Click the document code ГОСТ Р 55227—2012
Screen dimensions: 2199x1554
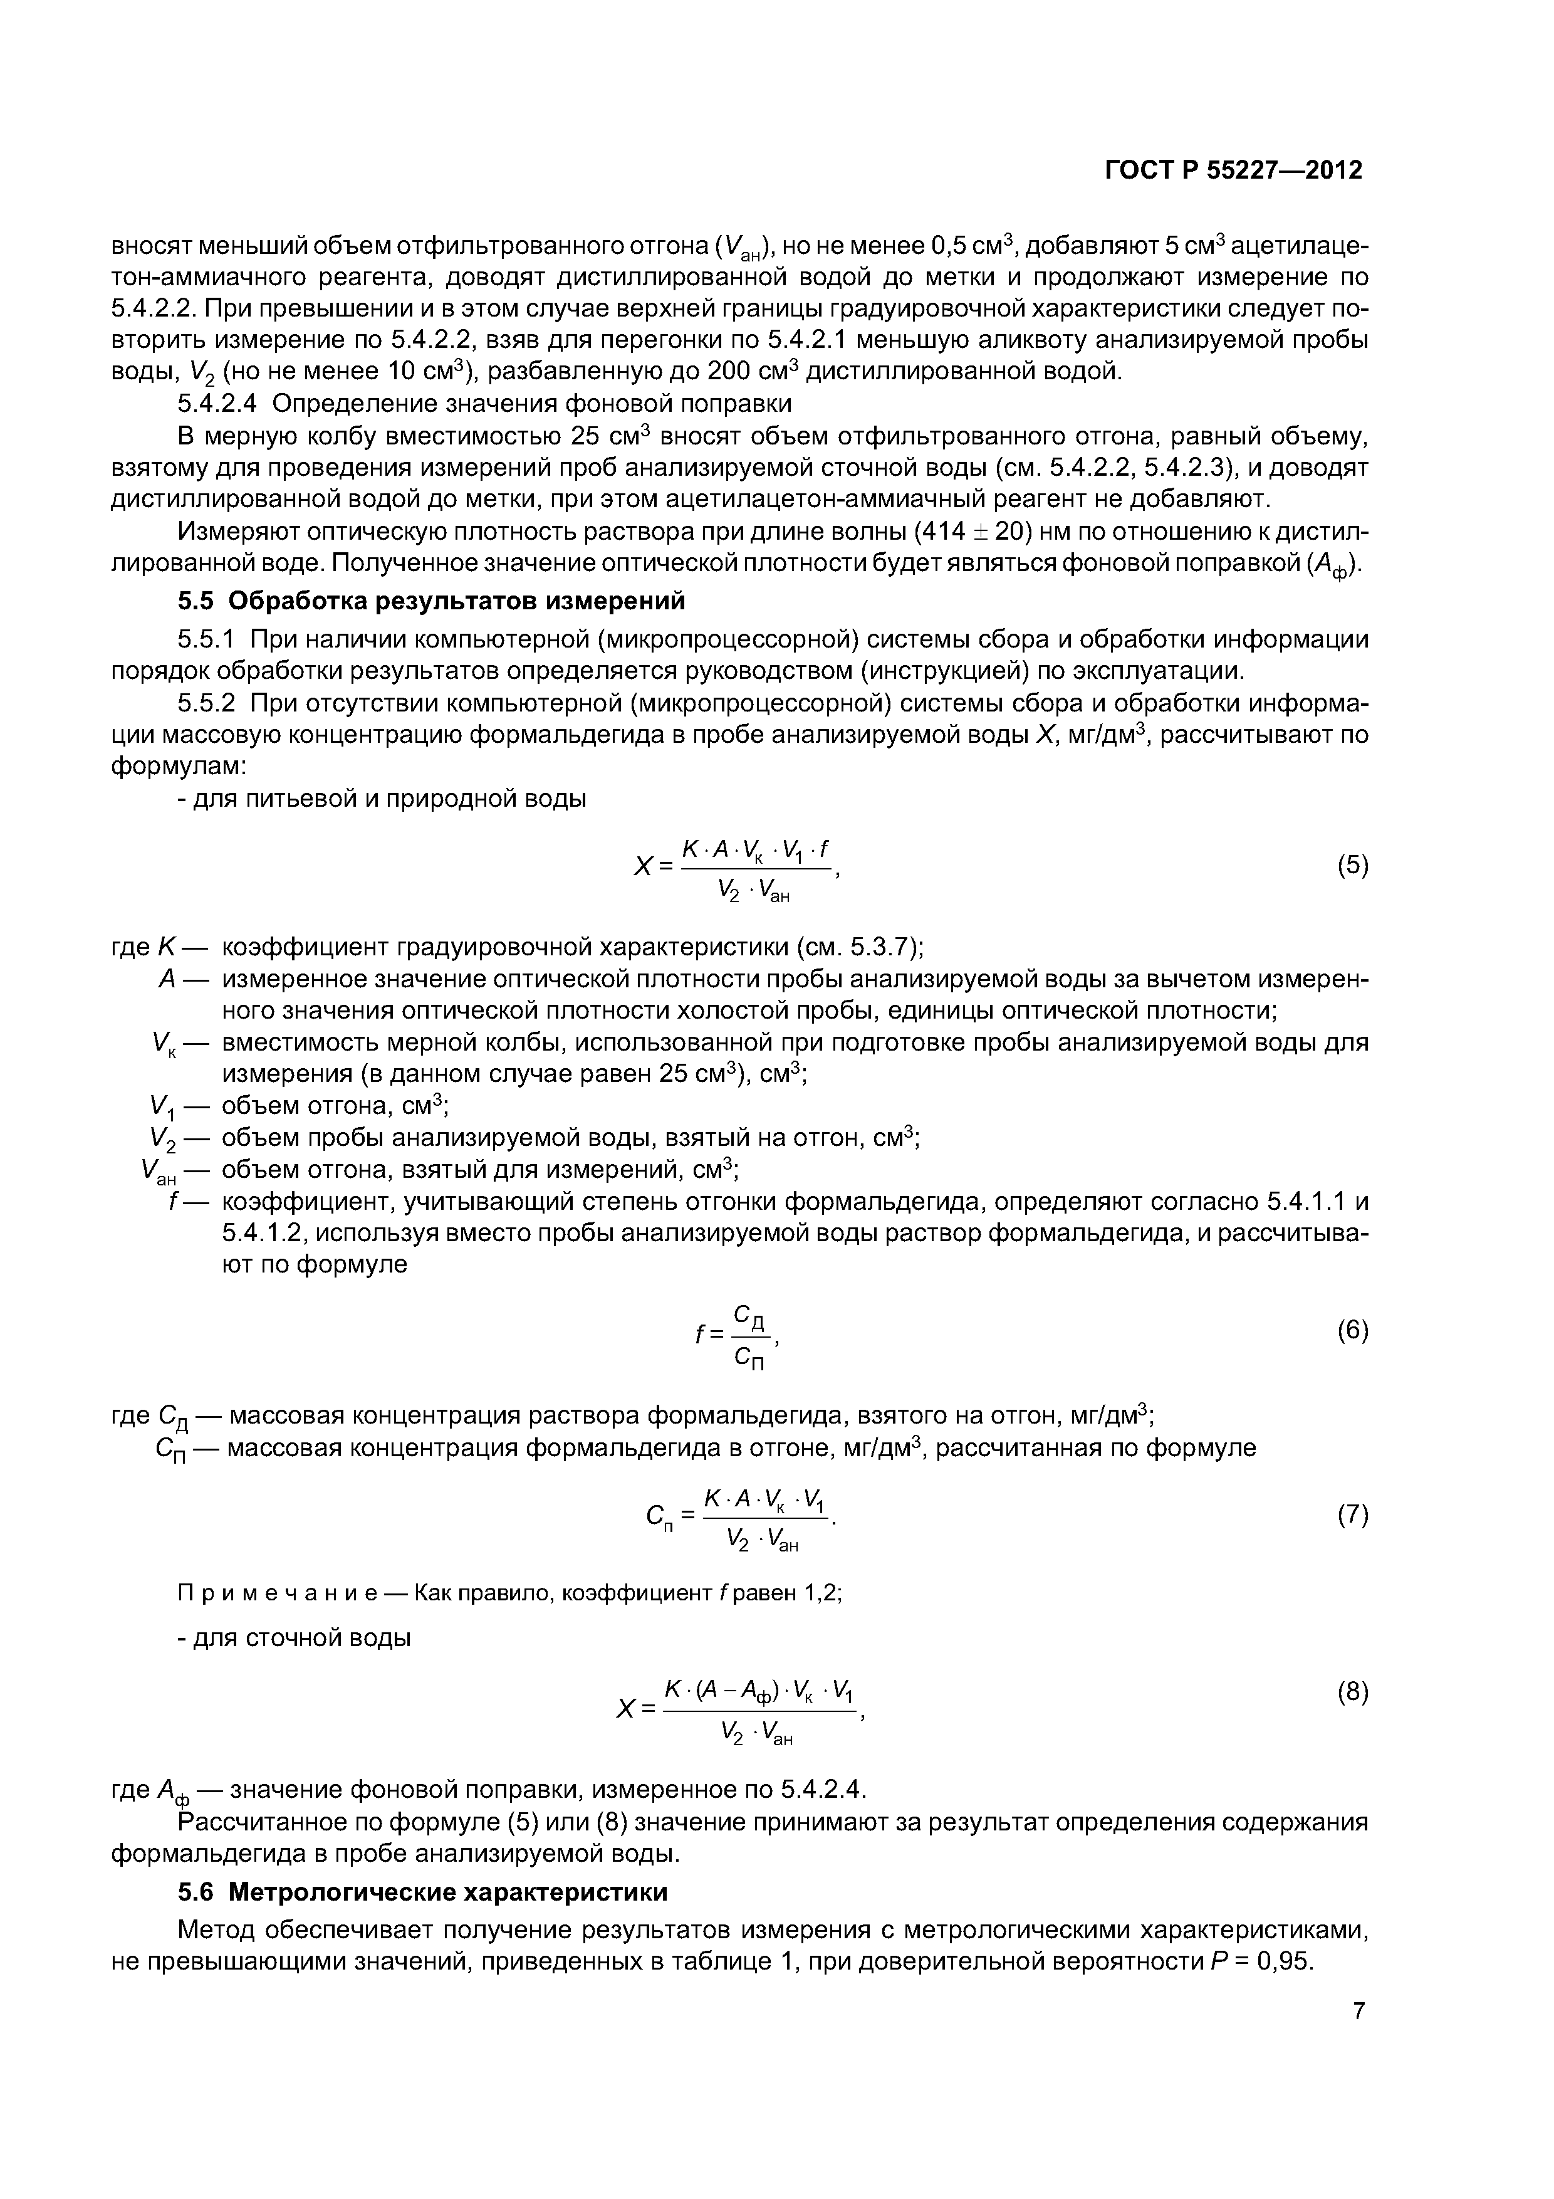coord(1233,171)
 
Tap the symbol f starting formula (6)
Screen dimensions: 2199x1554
coord(700,1333)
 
